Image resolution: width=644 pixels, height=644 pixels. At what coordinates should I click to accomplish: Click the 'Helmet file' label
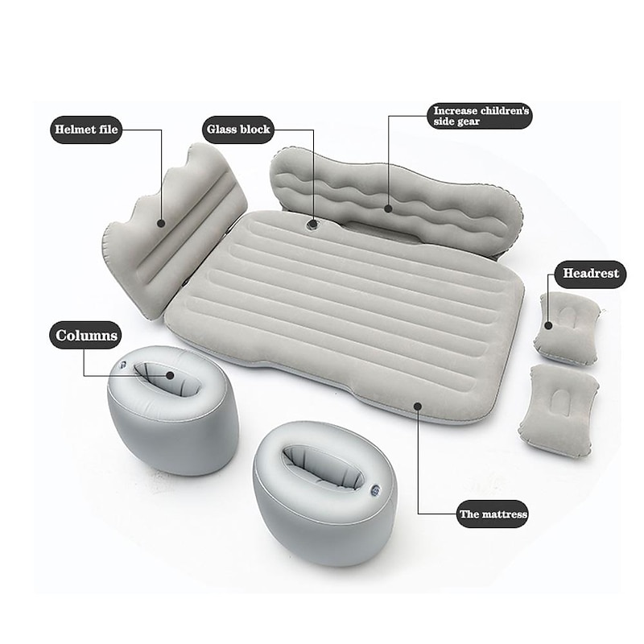point(86,130)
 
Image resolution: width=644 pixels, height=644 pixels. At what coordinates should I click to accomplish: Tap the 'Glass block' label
point(238,130)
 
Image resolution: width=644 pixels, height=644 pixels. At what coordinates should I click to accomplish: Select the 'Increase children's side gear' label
point(481,116)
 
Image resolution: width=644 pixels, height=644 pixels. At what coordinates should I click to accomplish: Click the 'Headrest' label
point(590,274)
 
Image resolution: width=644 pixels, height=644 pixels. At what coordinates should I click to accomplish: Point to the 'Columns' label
point(86,335)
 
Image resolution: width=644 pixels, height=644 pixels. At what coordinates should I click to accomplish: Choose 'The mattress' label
point(493,514)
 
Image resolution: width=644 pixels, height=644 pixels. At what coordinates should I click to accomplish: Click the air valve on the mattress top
point(312,225)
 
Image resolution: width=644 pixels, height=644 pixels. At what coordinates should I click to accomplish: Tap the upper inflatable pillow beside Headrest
point(567,328)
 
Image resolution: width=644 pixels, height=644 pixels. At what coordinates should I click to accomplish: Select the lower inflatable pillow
point(559,411)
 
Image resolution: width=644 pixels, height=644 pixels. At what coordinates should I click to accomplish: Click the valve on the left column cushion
point(123,365)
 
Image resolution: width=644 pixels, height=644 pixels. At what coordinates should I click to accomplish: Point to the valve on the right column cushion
point(375,490)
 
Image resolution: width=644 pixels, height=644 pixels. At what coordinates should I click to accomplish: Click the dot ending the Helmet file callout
point(161,224)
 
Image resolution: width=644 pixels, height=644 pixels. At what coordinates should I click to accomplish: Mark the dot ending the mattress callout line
point(418,407)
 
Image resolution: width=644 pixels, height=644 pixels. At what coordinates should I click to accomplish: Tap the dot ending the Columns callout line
point(170,375)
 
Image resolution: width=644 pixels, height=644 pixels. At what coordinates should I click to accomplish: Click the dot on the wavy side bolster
point(388,208)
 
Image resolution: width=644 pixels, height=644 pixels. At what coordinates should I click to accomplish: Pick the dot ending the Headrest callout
point(548,326)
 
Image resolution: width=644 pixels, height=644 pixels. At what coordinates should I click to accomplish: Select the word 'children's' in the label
point(505,111)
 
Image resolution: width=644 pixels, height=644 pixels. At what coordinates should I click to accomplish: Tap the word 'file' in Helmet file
point(108,130)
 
